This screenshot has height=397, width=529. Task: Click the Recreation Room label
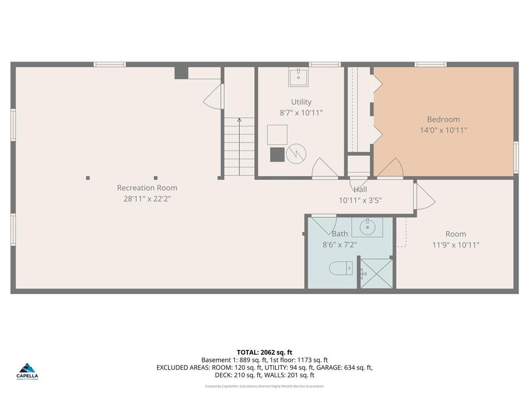point(147,188)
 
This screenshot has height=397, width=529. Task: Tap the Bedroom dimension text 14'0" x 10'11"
point(443,130)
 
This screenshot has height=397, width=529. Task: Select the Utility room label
point(301,102)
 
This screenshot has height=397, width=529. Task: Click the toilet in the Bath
point(340,268)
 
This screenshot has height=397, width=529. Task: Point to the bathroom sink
point(367,226)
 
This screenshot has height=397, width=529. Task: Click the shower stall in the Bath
point(376,274)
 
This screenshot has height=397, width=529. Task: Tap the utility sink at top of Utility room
point(299,77)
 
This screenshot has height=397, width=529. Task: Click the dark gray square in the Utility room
point(277,154)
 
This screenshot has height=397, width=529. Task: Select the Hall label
point(360,190)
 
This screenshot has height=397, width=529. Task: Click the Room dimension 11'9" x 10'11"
point(456,245)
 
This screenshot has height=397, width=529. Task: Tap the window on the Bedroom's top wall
point(430,65)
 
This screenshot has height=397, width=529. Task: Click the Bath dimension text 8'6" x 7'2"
point(339,245)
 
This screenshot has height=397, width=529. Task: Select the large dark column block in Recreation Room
point(181,73)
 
